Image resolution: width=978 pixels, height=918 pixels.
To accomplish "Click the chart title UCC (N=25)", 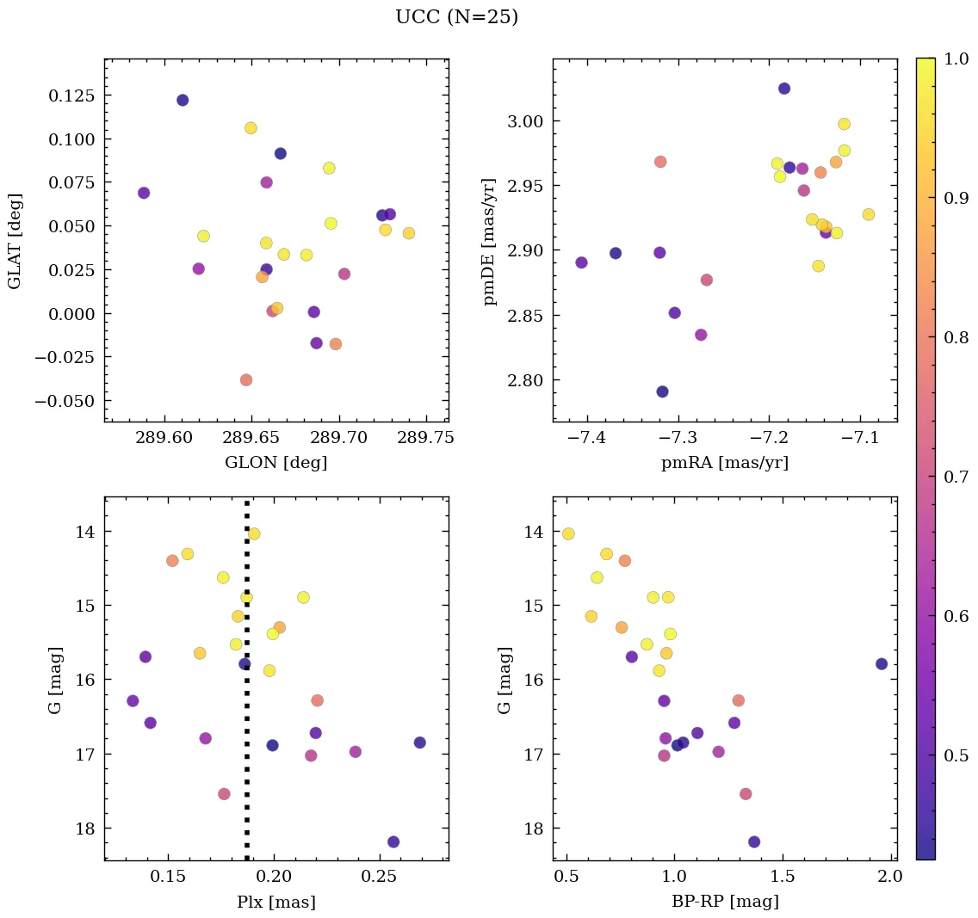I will coord(456,17).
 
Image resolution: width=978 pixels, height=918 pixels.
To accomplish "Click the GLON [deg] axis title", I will coord(275,463).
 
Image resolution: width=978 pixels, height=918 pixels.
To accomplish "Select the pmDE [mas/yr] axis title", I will coord(491,239).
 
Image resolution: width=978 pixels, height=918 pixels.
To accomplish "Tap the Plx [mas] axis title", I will coord(275,902).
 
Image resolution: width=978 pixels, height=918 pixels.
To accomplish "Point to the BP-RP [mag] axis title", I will coord(724,902).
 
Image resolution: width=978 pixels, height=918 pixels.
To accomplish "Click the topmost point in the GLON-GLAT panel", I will coord(183,100).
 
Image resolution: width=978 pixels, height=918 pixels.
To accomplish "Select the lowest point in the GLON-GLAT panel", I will coord(246,379).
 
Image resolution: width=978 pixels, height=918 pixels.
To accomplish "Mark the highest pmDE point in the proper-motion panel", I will coord(784,89).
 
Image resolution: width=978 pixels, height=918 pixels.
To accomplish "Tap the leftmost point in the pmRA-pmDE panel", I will coord(582,262).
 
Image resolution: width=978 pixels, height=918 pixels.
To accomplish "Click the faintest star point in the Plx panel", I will coord(393,841).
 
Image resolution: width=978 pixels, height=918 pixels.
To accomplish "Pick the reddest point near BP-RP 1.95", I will coord(882,663).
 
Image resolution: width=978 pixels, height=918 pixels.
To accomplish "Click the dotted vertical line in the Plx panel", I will coord(247,688).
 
